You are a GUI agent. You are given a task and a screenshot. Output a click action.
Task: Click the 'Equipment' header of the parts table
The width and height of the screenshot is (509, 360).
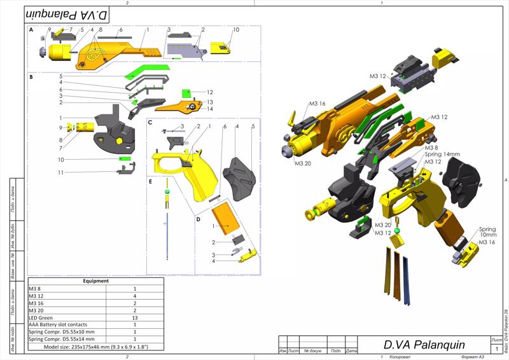95,280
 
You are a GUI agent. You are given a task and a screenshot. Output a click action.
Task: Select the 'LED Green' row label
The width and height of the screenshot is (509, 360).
41,317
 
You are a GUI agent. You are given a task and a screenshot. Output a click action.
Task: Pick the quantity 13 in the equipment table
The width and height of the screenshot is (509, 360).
134,317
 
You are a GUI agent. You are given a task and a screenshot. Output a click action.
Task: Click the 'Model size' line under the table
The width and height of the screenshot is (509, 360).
95,347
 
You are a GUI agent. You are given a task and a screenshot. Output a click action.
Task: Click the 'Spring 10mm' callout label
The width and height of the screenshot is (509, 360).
487,232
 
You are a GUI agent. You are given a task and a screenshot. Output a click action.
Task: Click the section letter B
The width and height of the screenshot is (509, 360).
31,77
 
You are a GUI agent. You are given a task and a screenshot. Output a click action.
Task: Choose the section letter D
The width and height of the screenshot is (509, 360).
198,219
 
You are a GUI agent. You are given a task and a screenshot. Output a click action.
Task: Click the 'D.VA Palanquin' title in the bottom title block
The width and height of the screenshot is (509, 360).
419,344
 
